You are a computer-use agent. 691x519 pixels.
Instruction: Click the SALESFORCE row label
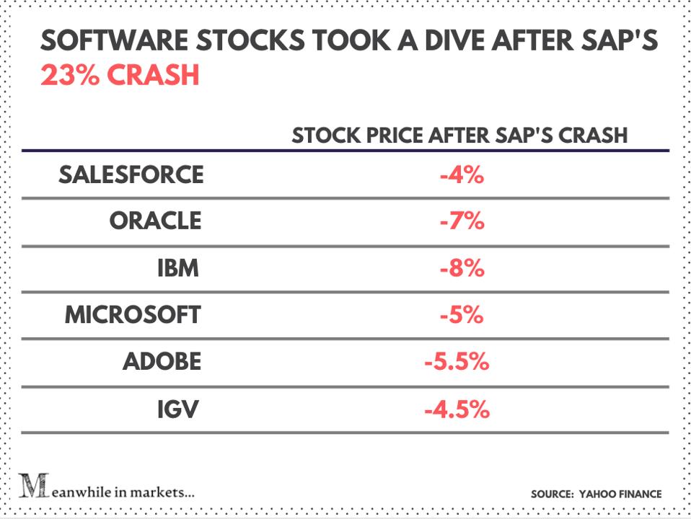click(x=131, y=175)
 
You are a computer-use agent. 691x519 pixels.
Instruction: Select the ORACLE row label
click(x=155, y=221)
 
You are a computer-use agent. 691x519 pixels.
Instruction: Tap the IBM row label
click(x=177, y=269)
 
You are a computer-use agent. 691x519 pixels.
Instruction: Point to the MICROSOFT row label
click(x=133, y=316)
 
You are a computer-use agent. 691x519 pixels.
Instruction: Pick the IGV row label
click(x=178, y=410)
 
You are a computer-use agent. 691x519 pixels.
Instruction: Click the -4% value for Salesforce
click(x=461, y=175)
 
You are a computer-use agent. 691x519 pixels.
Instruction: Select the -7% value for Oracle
click(x=461, y=221)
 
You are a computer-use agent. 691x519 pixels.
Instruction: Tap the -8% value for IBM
click(x=461, y=269)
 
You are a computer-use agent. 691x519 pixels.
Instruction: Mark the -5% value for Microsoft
click(x=461, y=316)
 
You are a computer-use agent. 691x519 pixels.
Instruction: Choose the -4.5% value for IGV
click(x=457, y=410)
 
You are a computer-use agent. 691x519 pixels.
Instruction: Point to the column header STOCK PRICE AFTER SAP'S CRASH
click(x=459, y=136)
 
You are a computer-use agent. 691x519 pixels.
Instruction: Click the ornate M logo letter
click(x=31, y=487)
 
